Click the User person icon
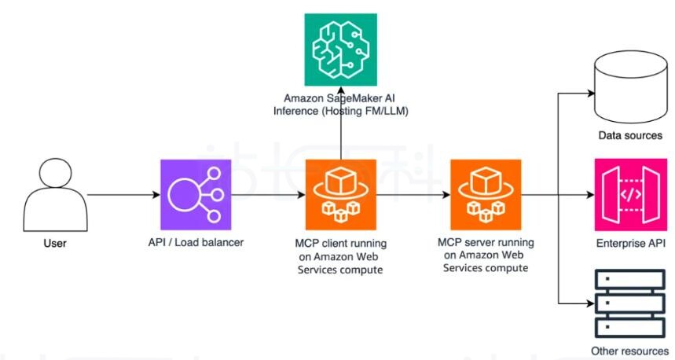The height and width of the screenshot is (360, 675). coord(54,193)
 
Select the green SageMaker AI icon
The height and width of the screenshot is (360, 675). coord(340,48)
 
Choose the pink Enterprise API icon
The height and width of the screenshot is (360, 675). coord(630,193)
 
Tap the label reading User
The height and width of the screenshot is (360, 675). coord(54,244)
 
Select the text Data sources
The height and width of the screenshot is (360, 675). coord(630,135)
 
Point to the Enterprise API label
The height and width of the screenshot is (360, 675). coord(630,243)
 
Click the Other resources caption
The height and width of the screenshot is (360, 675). coord(630,351)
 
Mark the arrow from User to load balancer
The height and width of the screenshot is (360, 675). coord(123,194)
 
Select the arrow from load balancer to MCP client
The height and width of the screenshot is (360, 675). coord(267,194)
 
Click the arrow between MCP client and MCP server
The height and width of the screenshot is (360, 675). coord(413,194)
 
